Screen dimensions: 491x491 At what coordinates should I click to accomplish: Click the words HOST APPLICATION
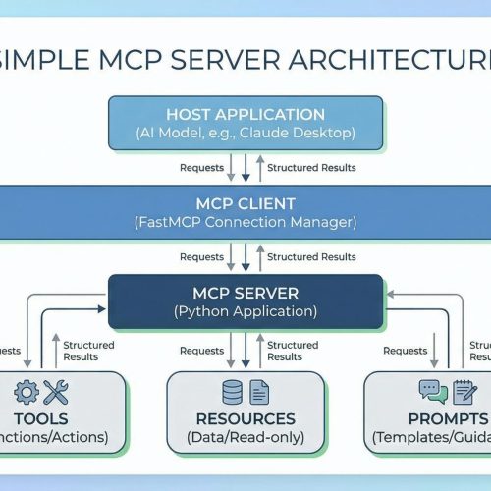point(245,114)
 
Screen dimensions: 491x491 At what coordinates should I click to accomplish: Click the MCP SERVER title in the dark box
point(245,293)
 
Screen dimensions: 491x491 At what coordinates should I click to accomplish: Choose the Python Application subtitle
point(245,312)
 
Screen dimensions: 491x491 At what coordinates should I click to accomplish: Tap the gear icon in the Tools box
point(27,393)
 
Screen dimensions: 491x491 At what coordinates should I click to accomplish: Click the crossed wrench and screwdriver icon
point(56,393)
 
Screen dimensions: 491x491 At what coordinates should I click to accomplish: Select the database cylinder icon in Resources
point(233,392)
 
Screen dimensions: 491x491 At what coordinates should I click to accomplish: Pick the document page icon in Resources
point(258,392)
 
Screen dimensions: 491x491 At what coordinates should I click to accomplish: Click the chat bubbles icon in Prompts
point(433,391)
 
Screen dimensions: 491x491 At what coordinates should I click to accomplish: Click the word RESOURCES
point(245,419)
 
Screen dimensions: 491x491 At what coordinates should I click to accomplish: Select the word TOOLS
point(41,419)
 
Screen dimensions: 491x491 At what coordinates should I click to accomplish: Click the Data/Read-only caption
point(245,438)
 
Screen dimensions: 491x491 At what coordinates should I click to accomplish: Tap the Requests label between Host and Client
point(201,167)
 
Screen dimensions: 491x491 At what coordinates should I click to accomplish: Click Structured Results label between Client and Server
point(311,256)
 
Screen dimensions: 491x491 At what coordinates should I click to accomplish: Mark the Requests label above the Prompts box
point(405,350)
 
